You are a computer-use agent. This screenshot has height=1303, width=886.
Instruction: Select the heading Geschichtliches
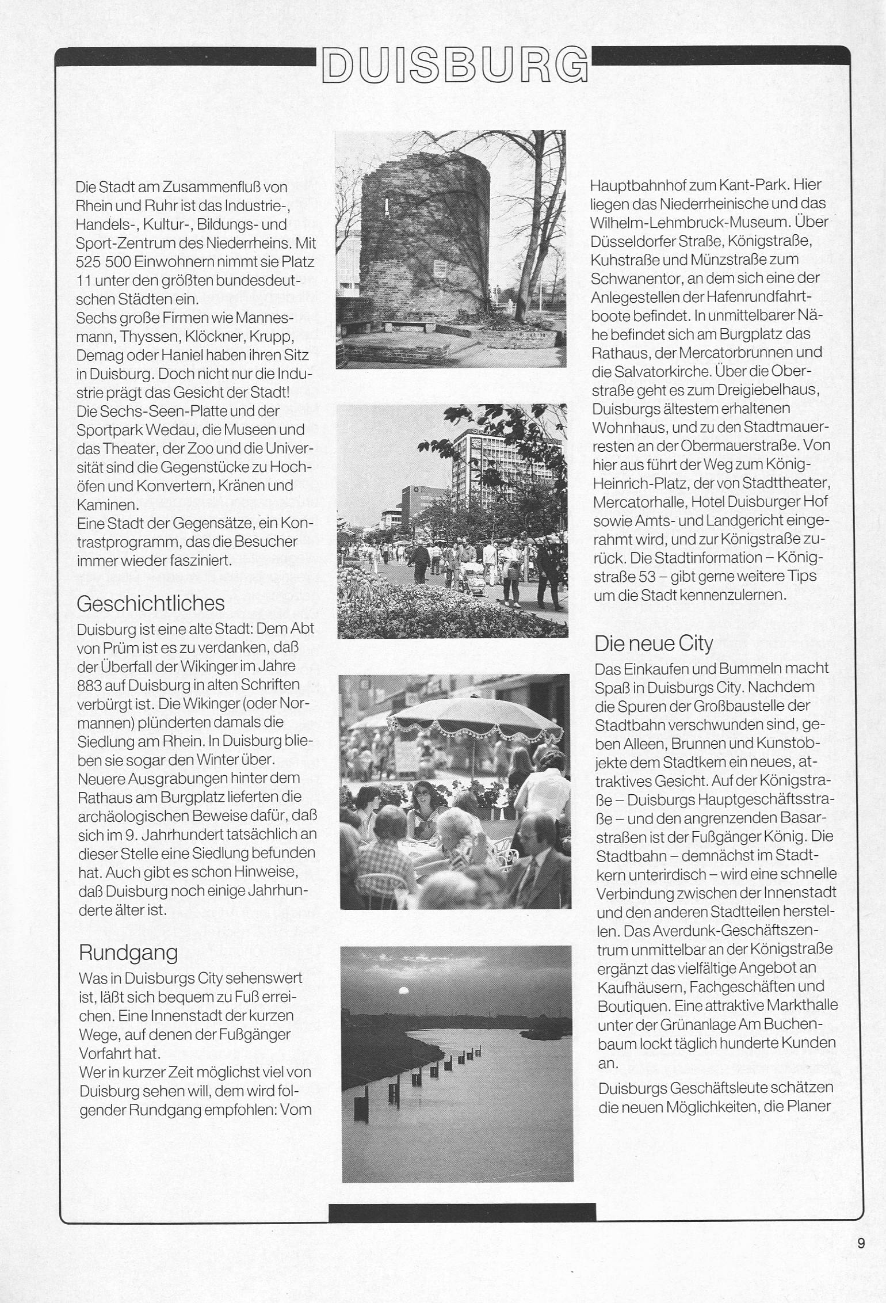(150, 603)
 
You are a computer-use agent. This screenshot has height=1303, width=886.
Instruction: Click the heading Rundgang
(128, 953)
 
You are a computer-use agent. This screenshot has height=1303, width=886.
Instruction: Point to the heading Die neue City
(654, 643)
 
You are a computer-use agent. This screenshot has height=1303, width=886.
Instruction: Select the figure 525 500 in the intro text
(102, 262)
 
